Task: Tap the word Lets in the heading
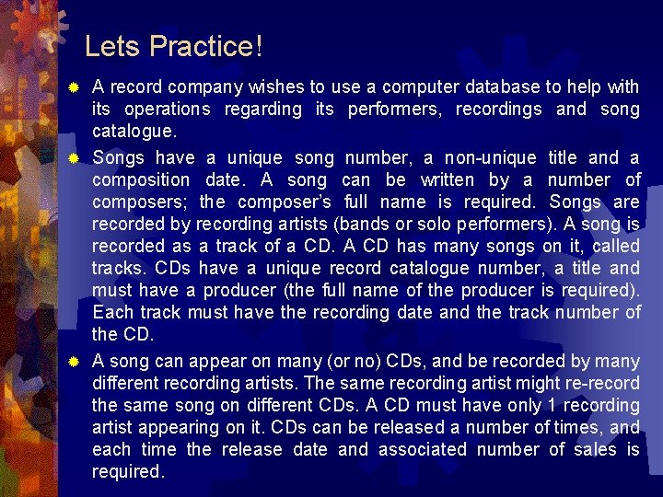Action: pyautogui.click(x=112, y=46)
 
